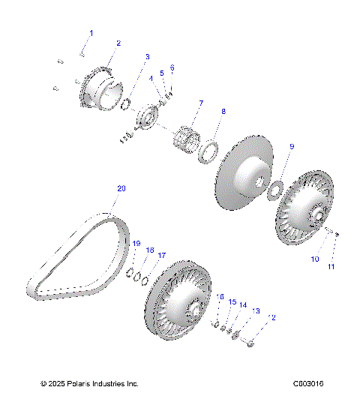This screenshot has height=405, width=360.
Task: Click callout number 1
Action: coord(92,33)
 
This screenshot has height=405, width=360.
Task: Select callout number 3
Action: coord(147,57)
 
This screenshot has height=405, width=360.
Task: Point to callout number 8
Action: coord(222,111)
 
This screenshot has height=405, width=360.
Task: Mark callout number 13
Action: coord(256,310)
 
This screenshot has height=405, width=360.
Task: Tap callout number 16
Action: coord(220,298)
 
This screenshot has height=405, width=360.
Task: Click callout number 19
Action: coord(136,244)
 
